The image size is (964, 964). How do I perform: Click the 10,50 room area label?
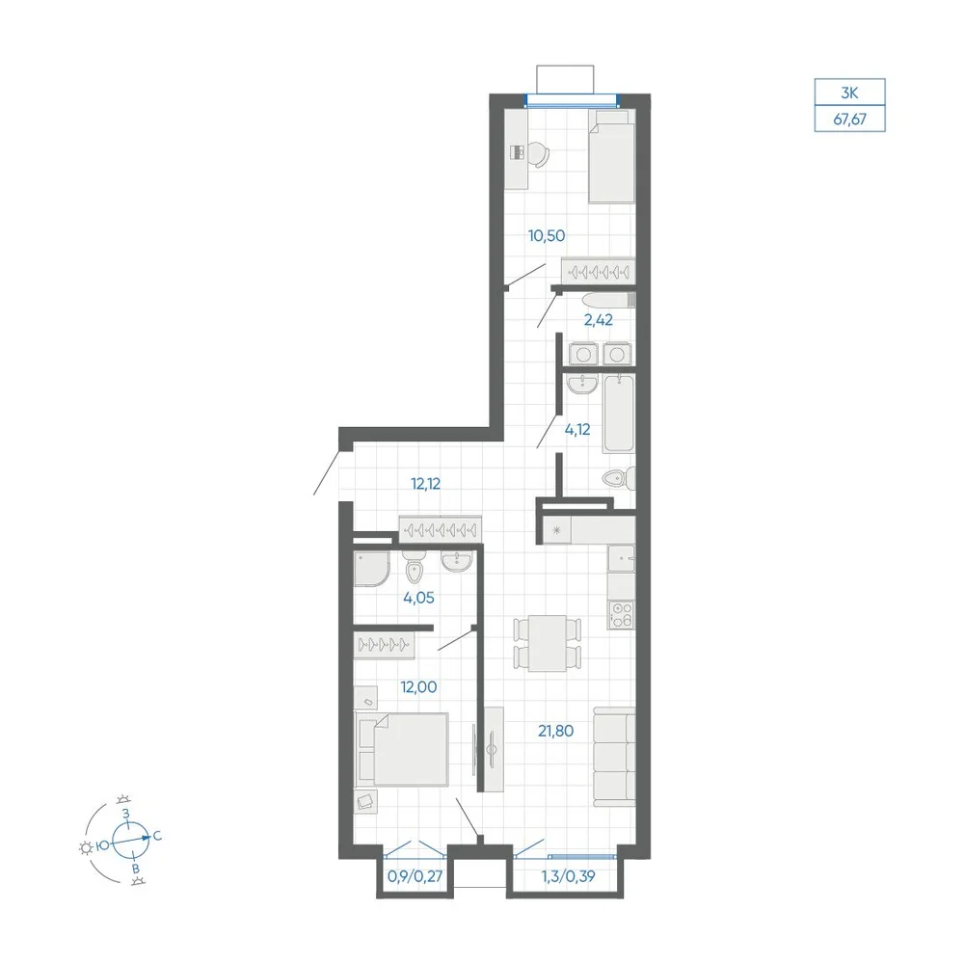point(547,235)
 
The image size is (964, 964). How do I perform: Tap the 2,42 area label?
point(599,320)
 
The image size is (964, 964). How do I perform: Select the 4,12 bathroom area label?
point(577,429)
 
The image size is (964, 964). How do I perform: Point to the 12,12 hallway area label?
point(425,484)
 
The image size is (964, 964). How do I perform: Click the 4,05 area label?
point(418,598)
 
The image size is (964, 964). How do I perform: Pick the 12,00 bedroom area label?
point(418,686)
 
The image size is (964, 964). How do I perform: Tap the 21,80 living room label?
point(556,731)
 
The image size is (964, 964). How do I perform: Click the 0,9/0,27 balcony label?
point(415,876)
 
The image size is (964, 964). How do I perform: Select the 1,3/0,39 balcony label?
point(568,876)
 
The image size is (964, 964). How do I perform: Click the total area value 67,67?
point(849,120)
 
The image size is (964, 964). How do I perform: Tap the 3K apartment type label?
point(849,93)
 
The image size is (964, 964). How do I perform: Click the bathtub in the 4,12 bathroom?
point(619,414)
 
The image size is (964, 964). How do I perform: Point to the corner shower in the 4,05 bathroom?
point(371,568)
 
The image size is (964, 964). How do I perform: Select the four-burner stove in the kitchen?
point(621,615)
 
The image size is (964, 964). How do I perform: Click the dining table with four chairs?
point(548,643)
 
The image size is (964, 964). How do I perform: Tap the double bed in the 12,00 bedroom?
point(402,749)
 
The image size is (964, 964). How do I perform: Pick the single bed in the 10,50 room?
point(611,156)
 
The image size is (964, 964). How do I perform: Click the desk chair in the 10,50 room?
point(538,154)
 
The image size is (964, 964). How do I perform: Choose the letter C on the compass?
point(157,836)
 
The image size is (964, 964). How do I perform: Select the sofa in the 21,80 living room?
point(614,756)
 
